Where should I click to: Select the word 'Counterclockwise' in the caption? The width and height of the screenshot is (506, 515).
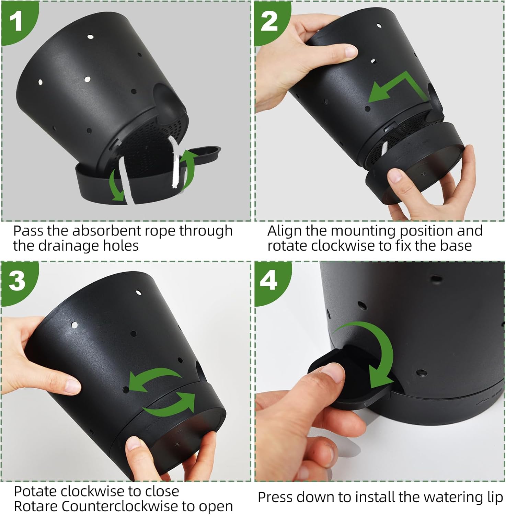tap(120, 506)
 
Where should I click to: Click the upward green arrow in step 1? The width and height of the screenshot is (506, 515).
tap(188, 168)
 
